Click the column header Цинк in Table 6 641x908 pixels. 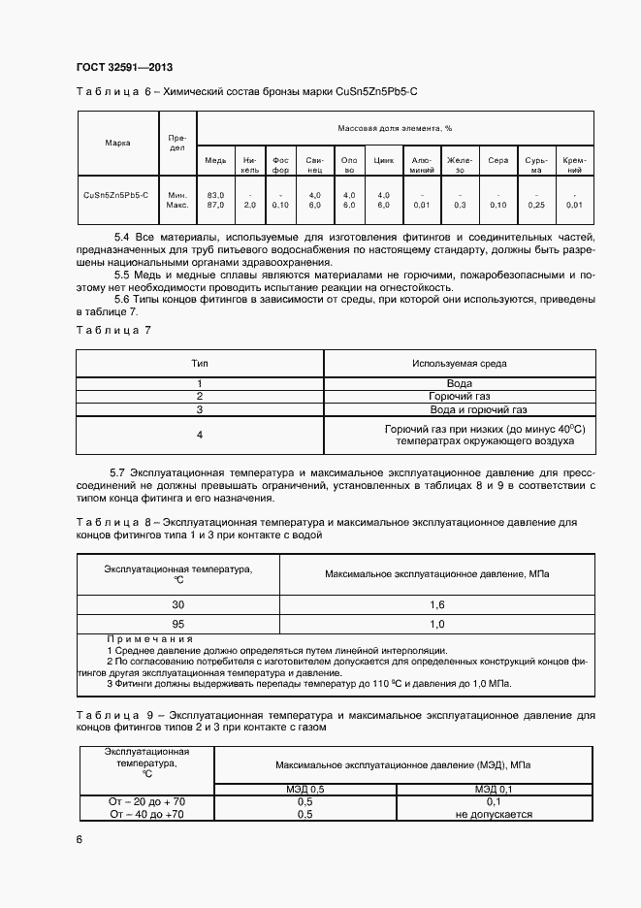pos(383,160)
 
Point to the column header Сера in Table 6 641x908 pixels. pos(498,160)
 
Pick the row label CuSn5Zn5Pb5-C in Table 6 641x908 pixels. pos(116,195)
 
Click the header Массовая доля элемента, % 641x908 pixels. pos(395,128)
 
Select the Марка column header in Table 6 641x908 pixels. pos(117,144)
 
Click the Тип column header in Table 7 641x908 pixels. pos(200,364)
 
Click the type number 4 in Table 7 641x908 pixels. pos(200,436)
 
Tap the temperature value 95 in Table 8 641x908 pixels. pos(177,624)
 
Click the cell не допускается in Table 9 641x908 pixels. pos(493,815)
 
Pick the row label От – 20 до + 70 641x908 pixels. pos(147,802)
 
